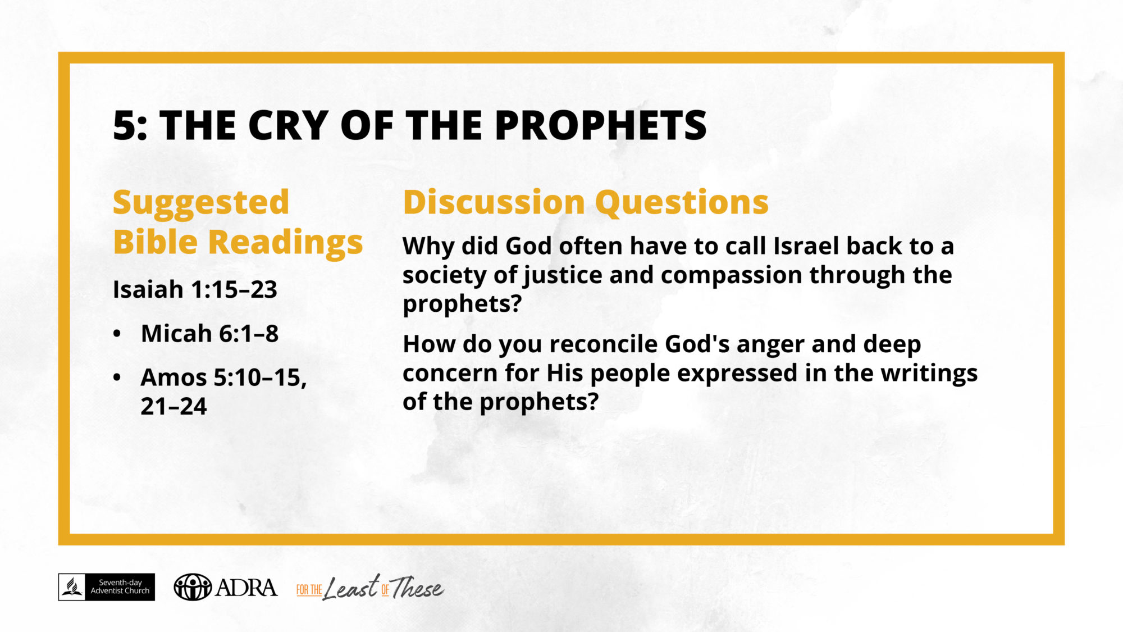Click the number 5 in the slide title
click(125, 125)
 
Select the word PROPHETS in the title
click(601, 125)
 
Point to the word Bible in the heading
click(156, 242)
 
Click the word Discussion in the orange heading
click(494, 202)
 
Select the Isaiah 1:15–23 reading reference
click(195, 290)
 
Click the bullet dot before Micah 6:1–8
click(117, 334)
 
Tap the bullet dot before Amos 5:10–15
click(117, 377)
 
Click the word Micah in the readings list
click(176, 333)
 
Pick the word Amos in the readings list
click(174, 378)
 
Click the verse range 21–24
click(174, 406)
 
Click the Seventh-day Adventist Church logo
click(107, 587)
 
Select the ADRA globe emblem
click(193, 587)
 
